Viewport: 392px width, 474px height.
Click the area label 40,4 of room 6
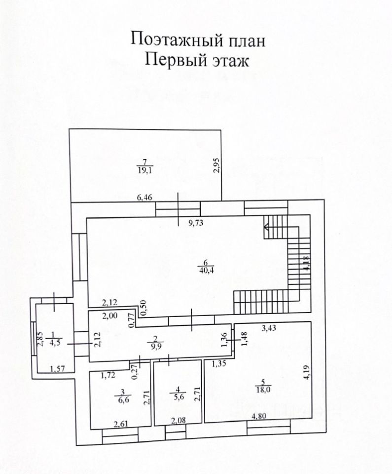[203, 270]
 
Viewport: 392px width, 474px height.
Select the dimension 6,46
[145, 198]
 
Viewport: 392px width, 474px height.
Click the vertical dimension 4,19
[307, 371]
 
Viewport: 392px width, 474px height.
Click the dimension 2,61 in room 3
[122, 423]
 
